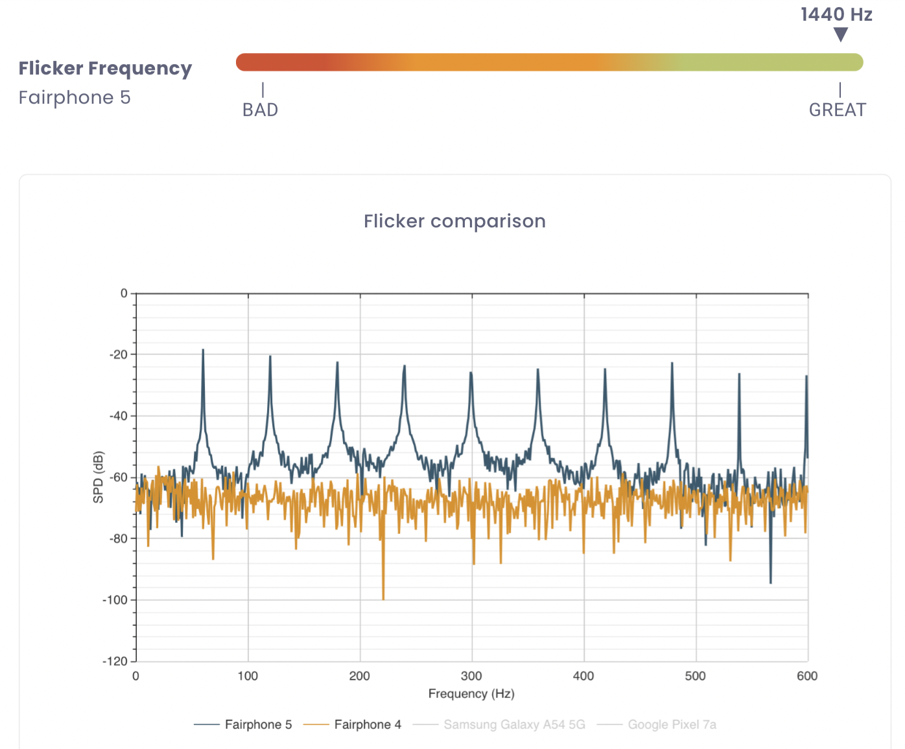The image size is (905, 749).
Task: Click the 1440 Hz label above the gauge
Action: pos(836,14)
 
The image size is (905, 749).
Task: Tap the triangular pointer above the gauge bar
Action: pos(841,35)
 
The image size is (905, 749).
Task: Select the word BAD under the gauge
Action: pos(260,110)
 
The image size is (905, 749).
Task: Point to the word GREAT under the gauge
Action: pos(837,110)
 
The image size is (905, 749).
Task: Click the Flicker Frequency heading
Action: pos(105,69)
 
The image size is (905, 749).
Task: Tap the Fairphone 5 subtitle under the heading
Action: pos(75,98)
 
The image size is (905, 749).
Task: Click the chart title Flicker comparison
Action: pos(454,222)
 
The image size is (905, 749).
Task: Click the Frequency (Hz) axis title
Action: pos(471,694)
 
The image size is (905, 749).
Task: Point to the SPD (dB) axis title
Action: pos(99,477)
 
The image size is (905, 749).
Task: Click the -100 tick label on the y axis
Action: pos(115,600)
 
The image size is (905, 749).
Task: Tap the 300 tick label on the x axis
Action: pos(471,676)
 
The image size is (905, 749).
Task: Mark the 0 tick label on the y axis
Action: pos(124,294)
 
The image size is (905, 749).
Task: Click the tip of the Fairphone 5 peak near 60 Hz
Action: pos(203,351)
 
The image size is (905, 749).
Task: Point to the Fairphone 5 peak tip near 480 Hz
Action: pos(672,363)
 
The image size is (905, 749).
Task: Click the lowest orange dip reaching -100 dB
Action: pos(383,599)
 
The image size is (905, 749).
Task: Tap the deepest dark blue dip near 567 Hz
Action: pos(771,582)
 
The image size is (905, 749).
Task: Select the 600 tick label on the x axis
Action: pos(807,676)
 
